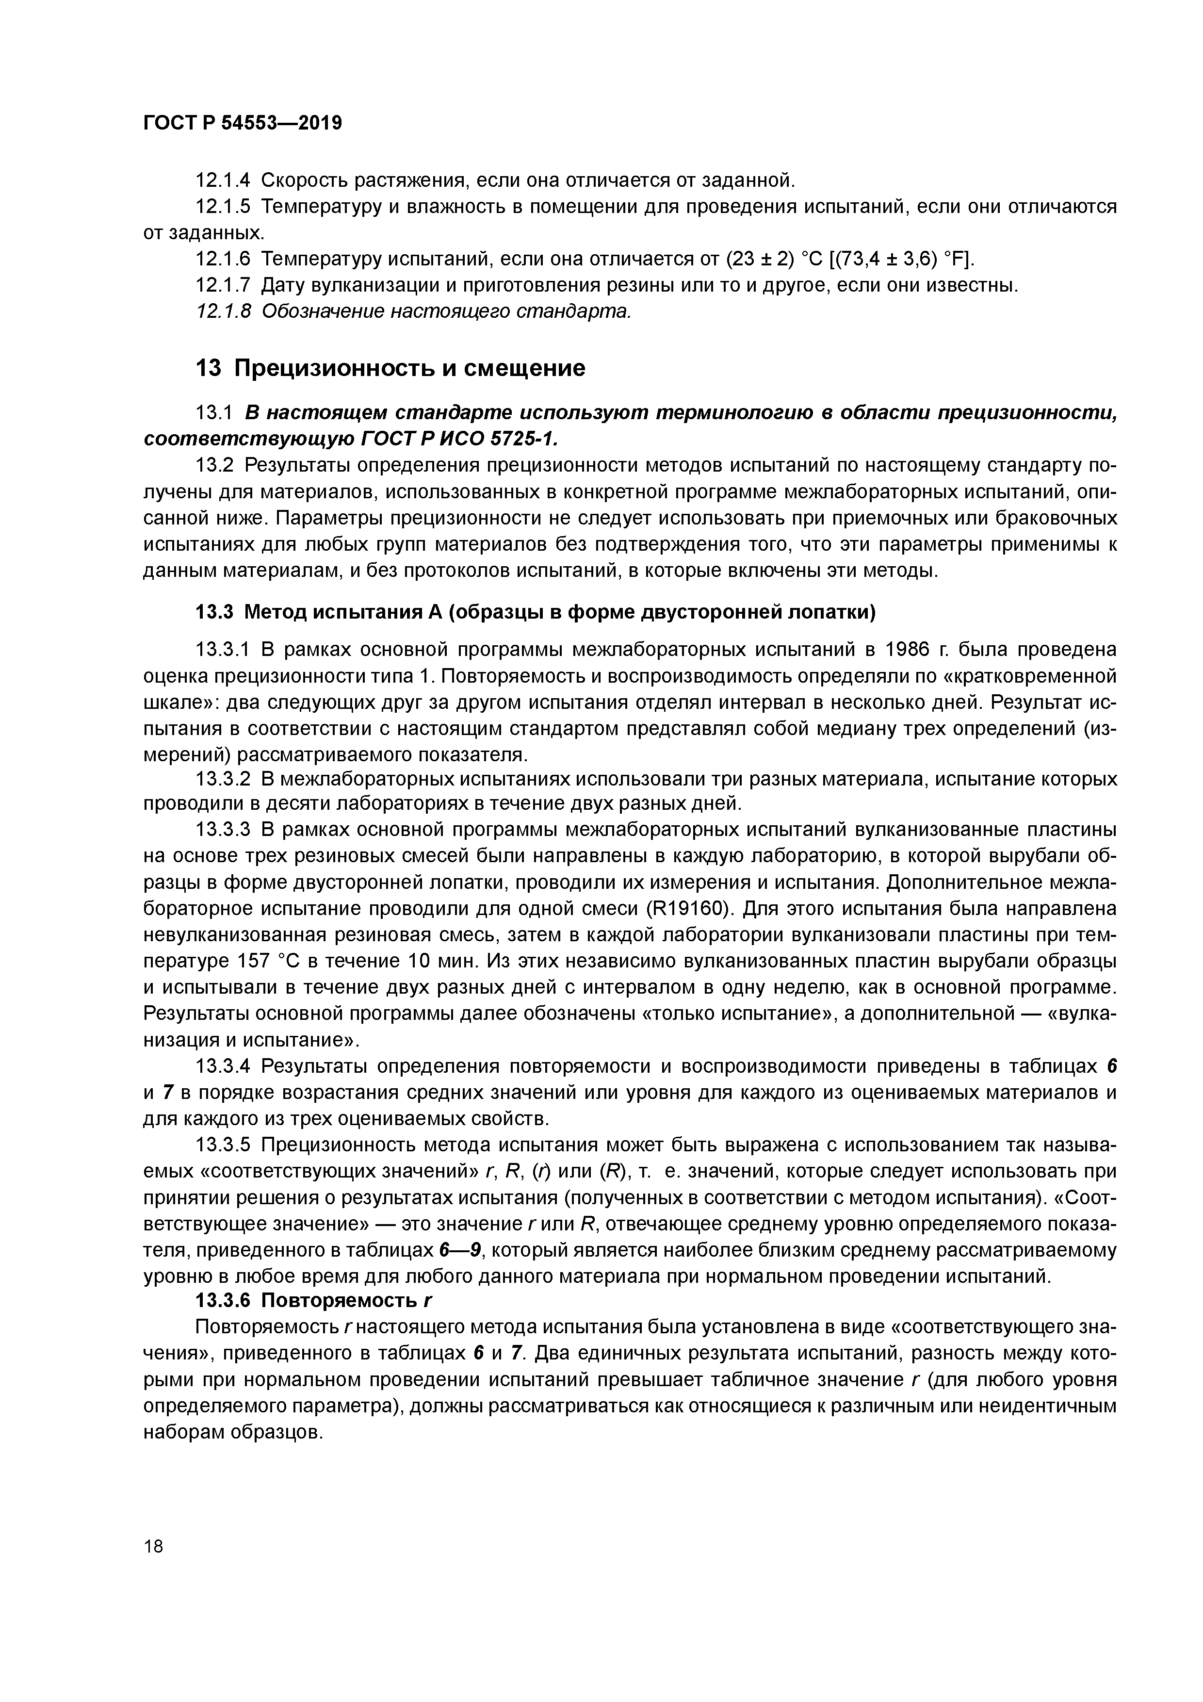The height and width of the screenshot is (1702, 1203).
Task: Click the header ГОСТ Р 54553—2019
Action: pyautogui.click(x=243, y=123)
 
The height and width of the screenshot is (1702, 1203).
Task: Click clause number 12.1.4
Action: pyautogui.click(x=222, y=180)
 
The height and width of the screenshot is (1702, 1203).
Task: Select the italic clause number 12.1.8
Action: pyautogui.click(x=222, y=311)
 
